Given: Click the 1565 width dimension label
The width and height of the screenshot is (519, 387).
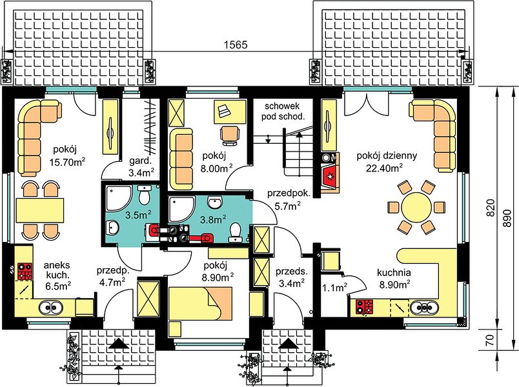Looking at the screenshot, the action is (x=236, y=45).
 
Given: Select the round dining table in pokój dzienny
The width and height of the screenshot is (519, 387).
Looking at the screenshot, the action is (x=416, y=208).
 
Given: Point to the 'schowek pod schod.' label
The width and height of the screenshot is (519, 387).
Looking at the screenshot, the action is (x=282, y=111).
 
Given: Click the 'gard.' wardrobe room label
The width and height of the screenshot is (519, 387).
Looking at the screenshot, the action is (x=140, y=161).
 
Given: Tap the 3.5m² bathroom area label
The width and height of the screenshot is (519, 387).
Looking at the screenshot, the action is (x=138, y=215).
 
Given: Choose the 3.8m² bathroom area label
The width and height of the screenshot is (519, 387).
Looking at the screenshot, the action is (x=213, y=219).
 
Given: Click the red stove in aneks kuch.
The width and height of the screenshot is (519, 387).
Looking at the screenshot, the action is (x=25, y=272).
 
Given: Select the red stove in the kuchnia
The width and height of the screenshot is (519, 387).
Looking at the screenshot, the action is (x=365, y=306).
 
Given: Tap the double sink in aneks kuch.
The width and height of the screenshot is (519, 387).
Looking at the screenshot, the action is (x=51, y=308).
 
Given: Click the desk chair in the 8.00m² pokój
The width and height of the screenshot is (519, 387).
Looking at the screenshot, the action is (x=230, y=135).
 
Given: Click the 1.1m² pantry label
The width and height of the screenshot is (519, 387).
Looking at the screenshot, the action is (x=334, y=288).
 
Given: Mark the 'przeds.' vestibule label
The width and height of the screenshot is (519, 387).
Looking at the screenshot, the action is (x=291, y=272).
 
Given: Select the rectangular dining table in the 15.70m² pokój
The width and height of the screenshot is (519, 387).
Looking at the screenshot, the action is (x=39, y=210).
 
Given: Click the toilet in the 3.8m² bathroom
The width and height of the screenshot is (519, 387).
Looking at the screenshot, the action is (x=235, y=231).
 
